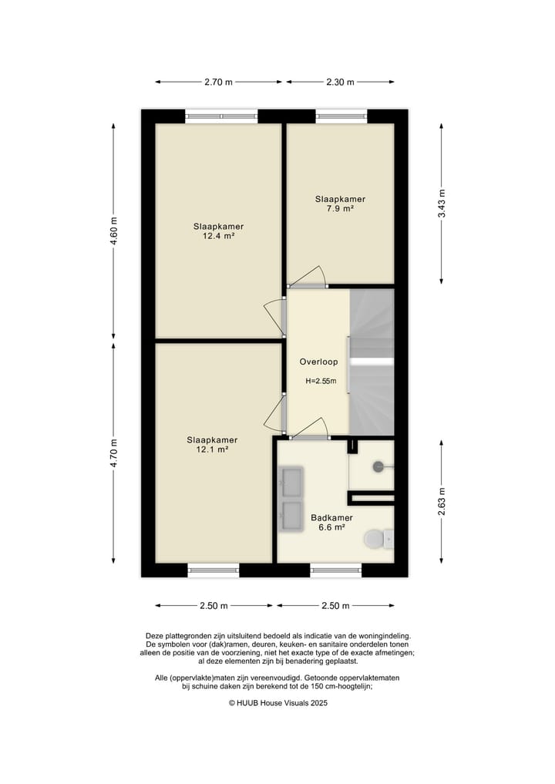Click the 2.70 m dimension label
[x=218, y=82]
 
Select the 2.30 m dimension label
[x=340, y=82]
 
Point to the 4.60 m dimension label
[x=114, y=231]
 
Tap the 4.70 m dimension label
[x=114, y=453]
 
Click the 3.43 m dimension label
[x=442, y=204]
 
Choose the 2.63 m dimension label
[x=442, y=502]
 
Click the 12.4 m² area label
[x=218, y=236]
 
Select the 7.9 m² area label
[x=340, y=208]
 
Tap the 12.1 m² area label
[x=212, y=449]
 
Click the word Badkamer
[x=331, y=518]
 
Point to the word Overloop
[x=318, y=362]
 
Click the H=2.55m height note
[x=321, y=381]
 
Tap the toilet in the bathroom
[x=378, y=539]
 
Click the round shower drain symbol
[x=378, y=466]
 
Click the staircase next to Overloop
[x=372, y=362]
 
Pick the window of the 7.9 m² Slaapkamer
[x=341, y=116]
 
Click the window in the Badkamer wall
[x=335, y=570]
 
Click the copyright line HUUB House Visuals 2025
[x=278, y=703]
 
